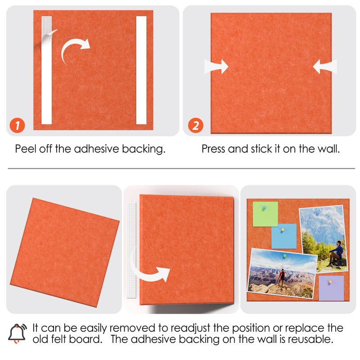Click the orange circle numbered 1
(x=17, y=126)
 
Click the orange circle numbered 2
(x=195, y=126)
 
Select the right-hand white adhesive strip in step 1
(x=141, y=70)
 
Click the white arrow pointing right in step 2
(x=216, y=67)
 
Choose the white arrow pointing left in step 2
(x=324, y=67)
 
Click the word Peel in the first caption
(x=24, y=149)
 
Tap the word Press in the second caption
(x=213, y=149)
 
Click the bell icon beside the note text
(x=17, y=333)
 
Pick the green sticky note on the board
(x=265, y=214)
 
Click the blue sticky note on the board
(x=284, y=236)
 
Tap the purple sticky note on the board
(x=331, y=288)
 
